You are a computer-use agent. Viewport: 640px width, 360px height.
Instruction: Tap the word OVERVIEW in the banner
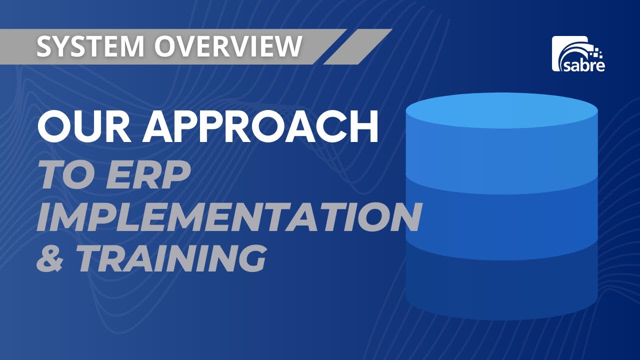(x=228, y=46)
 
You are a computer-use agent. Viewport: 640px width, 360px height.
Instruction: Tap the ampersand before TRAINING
(x=49, y=257)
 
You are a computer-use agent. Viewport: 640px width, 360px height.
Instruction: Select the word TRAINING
(x=170, y=257)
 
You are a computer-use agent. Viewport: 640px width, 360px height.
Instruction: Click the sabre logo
(x=578, y=53)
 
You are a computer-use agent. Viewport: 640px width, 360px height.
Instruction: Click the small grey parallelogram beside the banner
(x=357, y=46)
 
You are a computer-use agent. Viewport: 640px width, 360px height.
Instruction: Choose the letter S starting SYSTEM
(x=45, y=46)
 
